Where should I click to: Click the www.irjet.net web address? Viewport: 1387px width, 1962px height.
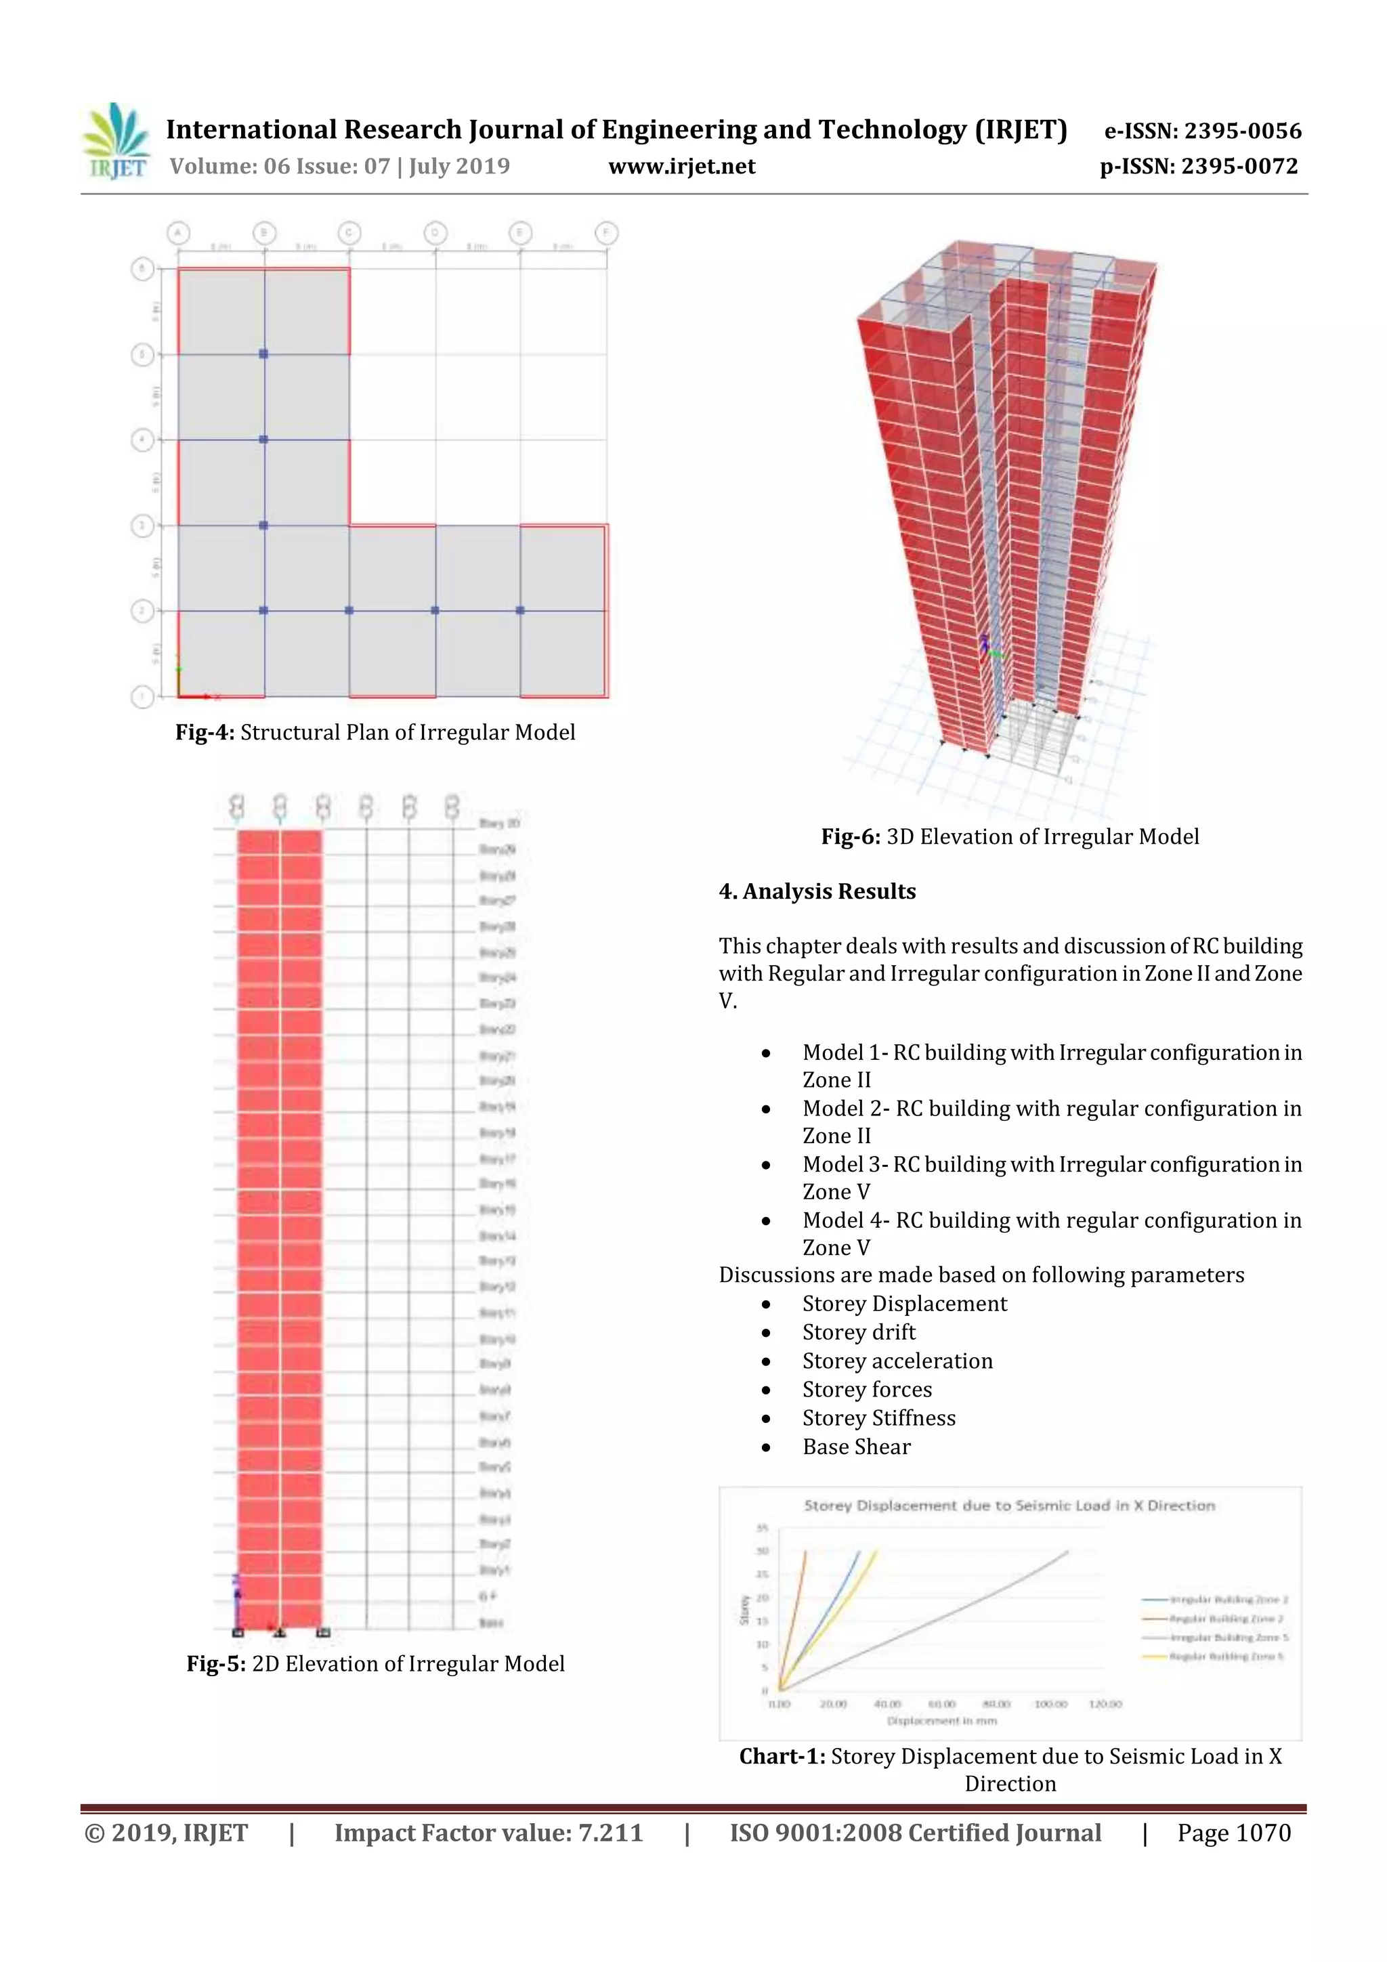[681, 167]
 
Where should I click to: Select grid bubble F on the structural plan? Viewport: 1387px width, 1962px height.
[606, 232]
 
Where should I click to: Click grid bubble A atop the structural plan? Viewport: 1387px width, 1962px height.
[177, 232]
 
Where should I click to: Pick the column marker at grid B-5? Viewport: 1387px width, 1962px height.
[264, 354]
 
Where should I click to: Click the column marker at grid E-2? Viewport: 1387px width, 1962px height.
[520, 610]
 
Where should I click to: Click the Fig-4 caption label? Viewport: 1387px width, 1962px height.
[205, 732]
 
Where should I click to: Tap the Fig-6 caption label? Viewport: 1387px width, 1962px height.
[851, 836]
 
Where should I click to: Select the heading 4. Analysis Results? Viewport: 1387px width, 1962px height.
[817, 891]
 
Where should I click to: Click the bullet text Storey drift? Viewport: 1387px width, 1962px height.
[858, 1332]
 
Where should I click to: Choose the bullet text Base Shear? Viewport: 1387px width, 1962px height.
[856, 1447]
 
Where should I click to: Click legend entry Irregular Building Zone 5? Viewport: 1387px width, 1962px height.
[1228, 1638]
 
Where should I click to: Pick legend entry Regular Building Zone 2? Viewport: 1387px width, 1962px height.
[1228, 1619]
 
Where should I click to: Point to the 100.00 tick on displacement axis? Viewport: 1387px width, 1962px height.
[1050, 1704]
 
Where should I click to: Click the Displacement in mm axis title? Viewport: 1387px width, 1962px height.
[942, 1720]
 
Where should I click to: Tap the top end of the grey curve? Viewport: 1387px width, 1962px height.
[1067, 1551]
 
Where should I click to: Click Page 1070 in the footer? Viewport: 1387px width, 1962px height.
[1233, 1833]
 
